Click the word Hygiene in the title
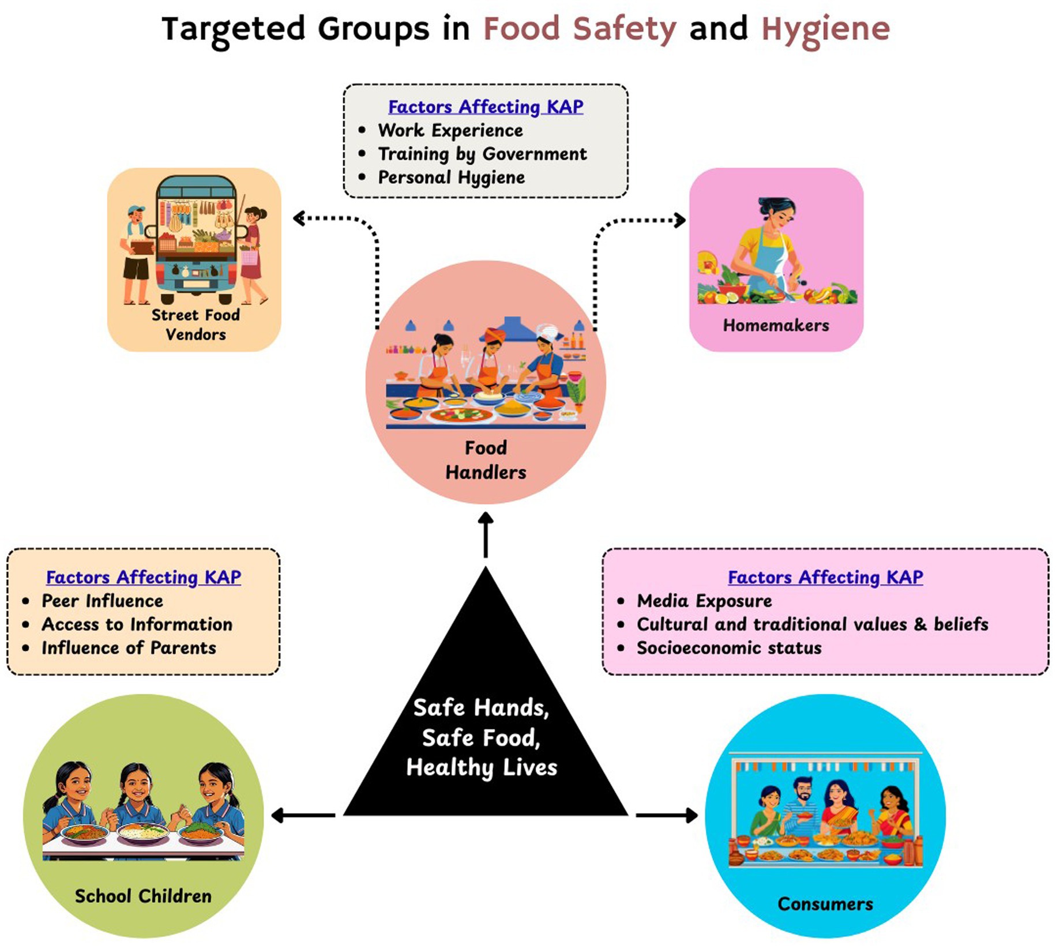point(825,29)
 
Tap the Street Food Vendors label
point(196,325)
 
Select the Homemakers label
point(776,326)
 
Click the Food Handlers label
point(486,460)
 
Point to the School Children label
point(143,896)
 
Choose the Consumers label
point(825,903)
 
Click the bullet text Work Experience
point(450,130)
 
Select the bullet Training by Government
point(482,154)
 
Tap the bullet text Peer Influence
point(102,601)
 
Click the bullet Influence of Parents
point(129,648)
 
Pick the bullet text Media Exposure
point(704,601)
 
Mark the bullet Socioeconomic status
point(729,648)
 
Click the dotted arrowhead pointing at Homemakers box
point(681,220)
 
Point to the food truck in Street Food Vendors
point(196,239)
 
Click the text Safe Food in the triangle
point(481,738)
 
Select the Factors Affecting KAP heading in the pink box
point(825,577)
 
